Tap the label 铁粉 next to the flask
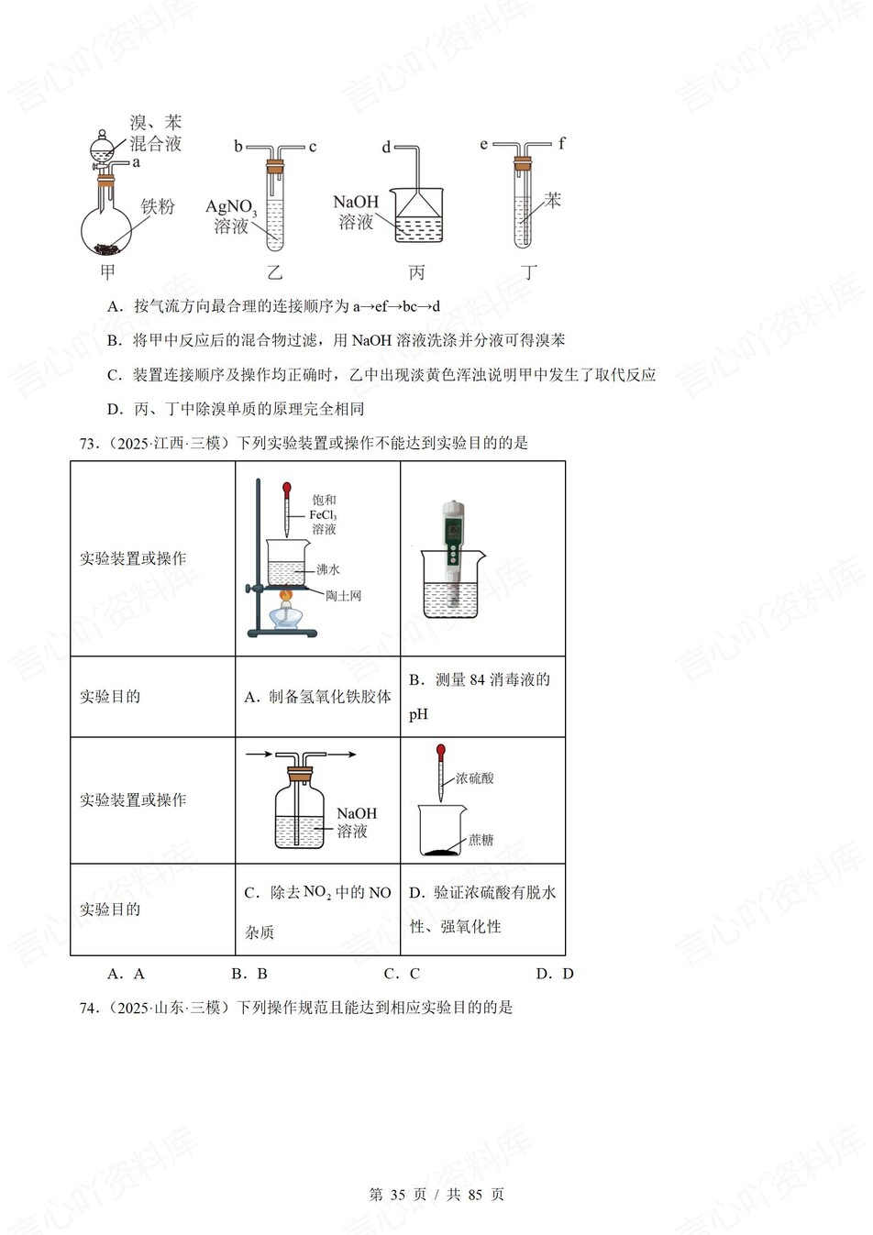pyautogui.click(x=157, y=206)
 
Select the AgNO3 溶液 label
pyautogui.click(x=230, y=216)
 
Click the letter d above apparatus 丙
pyautogui.click(x=386, y=147)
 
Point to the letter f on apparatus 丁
pyautogui.click(x=561, y=143)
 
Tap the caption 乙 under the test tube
pyautogui.click(x=274, y=272)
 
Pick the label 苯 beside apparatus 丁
pyautogui.click(x=552, y=199)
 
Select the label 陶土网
pyautogui.click(x=343, y=596)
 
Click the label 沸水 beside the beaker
pyautogui.click(x=327, y=569)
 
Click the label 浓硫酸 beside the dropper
pyautogui.click(x=474, y=778)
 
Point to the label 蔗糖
pyautogui.click(x=481, y=839)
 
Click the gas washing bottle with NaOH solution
pyautogui.click(x=300, y=811)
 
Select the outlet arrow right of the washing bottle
pyautogui.click(x=342, y=755)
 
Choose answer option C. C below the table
pyautogui.click(x=402, y=974)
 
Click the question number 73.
pyautogui.click(x=88, y=444)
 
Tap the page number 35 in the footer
pyautogui.click(x=397, y=1195)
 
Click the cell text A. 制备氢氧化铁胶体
pyautogui.click(x=317, y=697)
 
